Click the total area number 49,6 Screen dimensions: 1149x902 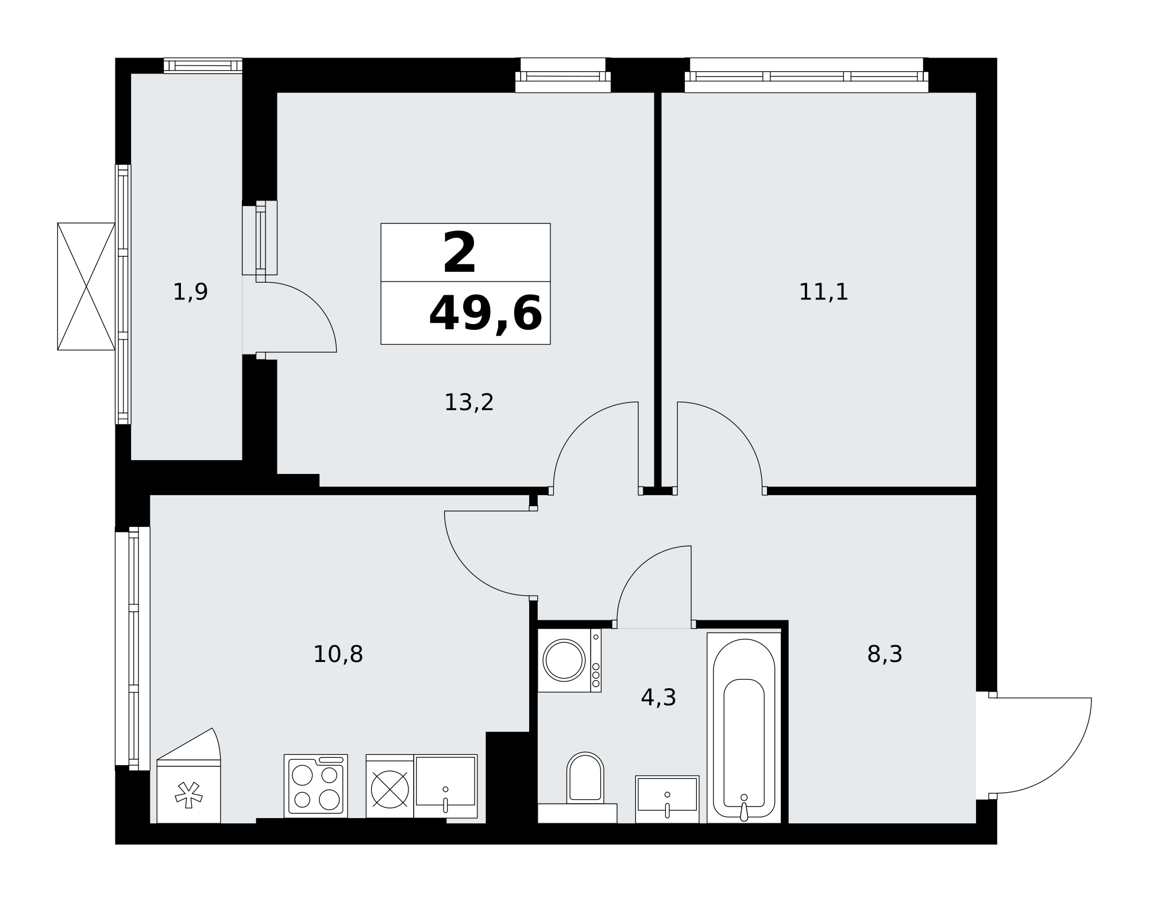485,314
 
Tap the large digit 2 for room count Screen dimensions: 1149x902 460,253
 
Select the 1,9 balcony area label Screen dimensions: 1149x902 190,292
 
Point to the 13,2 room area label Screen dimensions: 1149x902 469,402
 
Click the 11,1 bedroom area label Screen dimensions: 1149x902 823,292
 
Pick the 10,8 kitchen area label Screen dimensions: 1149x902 338,654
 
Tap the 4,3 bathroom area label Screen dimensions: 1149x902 658,697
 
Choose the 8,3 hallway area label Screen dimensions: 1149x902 885,654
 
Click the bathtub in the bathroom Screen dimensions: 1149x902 744,727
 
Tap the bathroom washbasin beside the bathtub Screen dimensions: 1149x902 667,799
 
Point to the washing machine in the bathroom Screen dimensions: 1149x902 569,660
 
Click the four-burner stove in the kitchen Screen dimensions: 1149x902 316,785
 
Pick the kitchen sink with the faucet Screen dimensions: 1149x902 446,785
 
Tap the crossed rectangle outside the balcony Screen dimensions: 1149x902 86,286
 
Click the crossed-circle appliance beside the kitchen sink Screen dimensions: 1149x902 390,789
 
